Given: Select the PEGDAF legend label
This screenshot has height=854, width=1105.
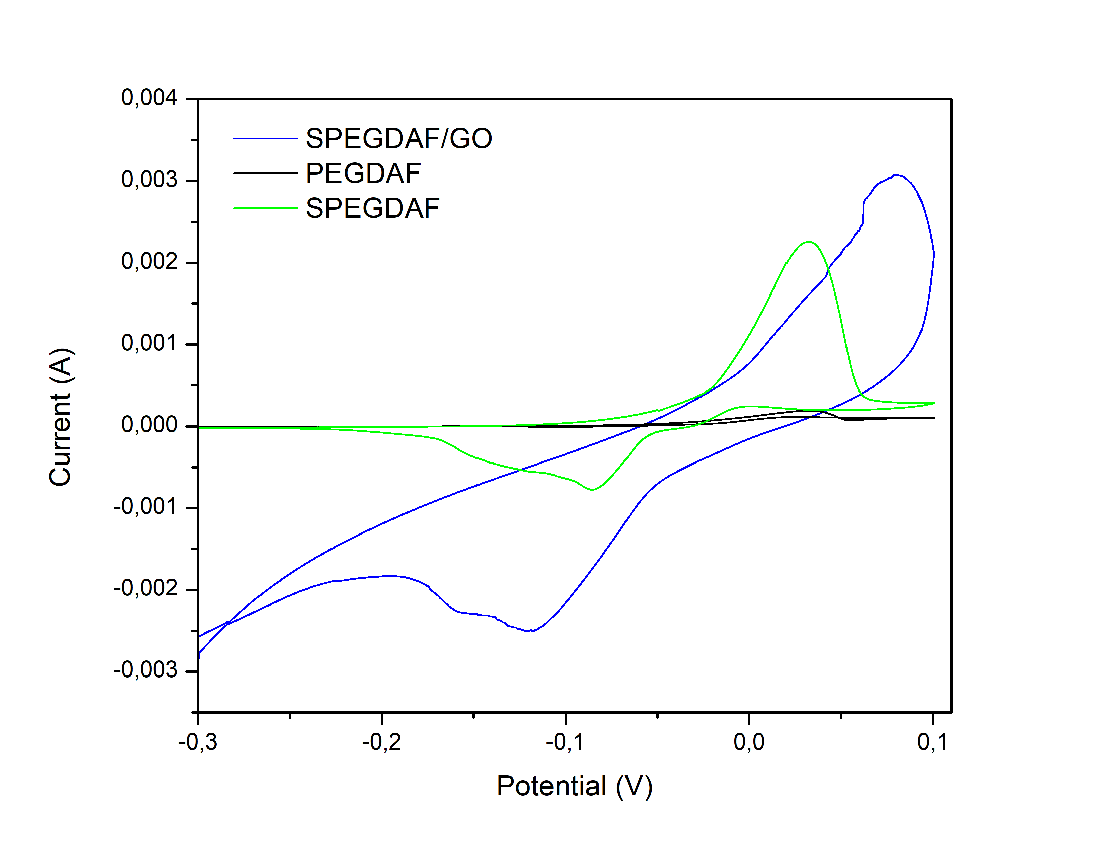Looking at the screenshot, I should click(x=363, y=173).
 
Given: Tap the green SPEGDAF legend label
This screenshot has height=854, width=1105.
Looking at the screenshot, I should click(x=372, y=208).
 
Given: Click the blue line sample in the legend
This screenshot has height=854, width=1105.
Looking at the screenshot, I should click(x=265, y=138).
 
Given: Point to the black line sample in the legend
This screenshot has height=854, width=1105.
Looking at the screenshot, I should click(x=265, y=173).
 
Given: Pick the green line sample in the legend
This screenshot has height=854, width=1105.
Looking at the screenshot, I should click(x=265, y=208).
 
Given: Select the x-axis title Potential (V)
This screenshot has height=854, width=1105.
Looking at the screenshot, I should click(x=574, y=786).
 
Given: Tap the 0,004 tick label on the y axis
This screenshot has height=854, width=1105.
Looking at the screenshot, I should click(x=149, y=98).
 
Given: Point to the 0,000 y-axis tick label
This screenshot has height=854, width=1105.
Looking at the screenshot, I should click(x=149, y=425).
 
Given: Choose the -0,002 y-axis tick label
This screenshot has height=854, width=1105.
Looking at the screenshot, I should click(x=146, y=588).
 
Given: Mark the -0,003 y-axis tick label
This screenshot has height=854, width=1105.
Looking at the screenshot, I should click(x=146, y=670).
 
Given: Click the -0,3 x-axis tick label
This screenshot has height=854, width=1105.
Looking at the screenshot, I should click(x=198, y=742).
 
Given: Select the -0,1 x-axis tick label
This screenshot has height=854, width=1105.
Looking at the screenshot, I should click(x=565, y=742).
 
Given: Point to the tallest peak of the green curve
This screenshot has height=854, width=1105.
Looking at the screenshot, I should click(x=809, y=242).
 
